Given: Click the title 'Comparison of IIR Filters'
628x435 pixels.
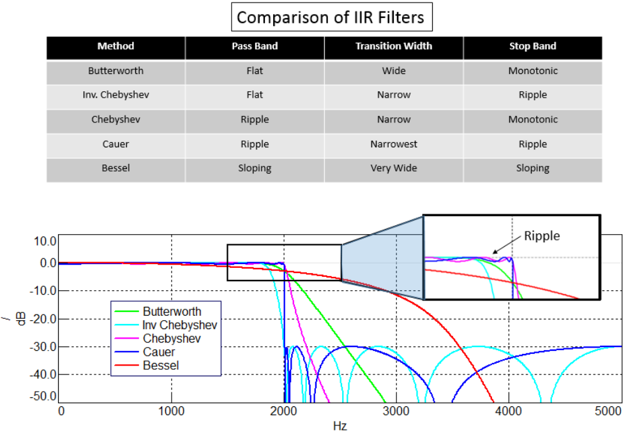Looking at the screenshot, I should point(331,17).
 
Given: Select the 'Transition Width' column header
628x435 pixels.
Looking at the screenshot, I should point(394,47).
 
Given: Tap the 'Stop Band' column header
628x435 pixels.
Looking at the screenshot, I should point(532,47).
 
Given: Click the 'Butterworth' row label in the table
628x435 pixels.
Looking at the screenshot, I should point(116,71).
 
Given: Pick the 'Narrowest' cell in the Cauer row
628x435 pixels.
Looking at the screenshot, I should point(394,144).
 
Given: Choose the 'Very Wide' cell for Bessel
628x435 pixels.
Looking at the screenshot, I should point(394,168).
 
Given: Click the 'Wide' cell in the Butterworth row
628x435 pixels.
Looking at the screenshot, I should point(394,71).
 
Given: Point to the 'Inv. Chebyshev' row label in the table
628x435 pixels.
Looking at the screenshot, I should point(116,95).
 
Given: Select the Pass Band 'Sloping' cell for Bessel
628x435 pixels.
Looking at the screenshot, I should point(255,168).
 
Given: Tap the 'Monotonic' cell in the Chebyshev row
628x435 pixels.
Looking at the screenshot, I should point(532,119).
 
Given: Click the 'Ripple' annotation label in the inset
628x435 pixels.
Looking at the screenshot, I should point(541,236).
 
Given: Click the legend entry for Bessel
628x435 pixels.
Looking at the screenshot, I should point(161,365).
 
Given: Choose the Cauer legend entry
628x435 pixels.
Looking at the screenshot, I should point(159,352).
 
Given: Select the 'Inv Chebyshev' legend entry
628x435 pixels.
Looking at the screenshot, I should point(179,325).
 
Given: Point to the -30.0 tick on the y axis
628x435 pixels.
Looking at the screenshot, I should point(41,346).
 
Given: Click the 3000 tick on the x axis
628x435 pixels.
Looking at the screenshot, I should point(396,411).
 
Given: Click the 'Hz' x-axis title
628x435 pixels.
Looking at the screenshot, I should point(340,425).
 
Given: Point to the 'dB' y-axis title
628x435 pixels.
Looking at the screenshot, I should point(22,319).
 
